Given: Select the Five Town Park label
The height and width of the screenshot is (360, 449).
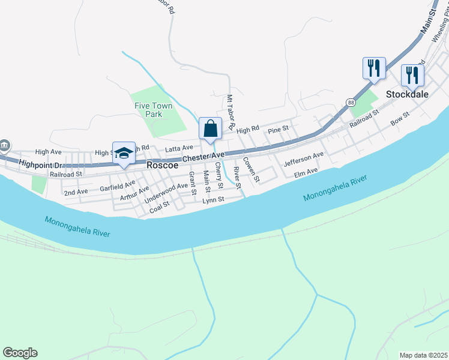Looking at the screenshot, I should click(153, 110).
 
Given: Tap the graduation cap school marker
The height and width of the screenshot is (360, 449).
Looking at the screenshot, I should click(124, 154).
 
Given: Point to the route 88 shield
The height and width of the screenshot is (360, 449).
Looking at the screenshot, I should click(350, 103).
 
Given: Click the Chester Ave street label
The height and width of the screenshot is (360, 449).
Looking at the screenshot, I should click(203, 157).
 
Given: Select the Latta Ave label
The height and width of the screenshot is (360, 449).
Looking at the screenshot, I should click(179, 148).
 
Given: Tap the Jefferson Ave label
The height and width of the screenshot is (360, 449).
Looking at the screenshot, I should click(304, 158).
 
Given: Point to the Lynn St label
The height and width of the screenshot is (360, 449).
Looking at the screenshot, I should click(213, 199).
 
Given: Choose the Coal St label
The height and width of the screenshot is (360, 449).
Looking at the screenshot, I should click(159, 206).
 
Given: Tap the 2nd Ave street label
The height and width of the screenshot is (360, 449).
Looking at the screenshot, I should click(76, 192).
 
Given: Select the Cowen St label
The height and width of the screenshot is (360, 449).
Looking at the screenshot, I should click(252, 170).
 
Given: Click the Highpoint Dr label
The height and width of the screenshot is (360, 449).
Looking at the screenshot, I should click(41, 163).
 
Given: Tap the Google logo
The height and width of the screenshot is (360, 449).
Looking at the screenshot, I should click(20, 353).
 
